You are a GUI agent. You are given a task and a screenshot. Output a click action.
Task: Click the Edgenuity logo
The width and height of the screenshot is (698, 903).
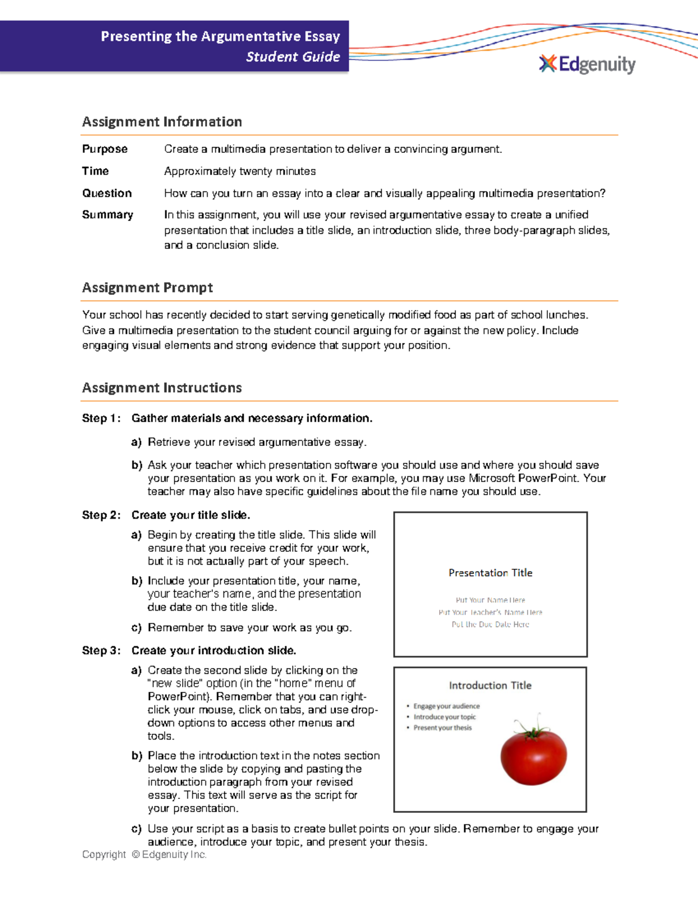587,64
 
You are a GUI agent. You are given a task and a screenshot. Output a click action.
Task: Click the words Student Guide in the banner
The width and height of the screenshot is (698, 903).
293,57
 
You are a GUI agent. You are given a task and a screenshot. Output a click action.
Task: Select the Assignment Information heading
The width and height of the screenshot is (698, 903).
162,122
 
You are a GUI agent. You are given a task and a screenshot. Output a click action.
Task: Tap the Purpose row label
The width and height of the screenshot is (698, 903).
105,149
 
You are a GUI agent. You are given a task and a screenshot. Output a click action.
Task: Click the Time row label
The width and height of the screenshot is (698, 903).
95,171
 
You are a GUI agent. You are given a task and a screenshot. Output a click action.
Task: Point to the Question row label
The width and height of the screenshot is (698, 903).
107,193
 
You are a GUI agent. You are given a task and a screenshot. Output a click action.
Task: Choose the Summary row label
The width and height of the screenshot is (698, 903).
108,215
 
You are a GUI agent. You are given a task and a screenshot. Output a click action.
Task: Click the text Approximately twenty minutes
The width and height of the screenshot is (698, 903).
240,171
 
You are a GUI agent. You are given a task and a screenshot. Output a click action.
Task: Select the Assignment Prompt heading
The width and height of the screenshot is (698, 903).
147,288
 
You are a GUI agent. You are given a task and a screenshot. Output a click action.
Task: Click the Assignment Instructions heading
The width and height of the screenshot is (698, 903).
162,388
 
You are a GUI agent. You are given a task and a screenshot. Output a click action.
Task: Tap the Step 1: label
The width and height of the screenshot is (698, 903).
101,418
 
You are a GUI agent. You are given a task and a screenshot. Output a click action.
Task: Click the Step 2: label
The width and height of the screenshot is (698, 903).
101,515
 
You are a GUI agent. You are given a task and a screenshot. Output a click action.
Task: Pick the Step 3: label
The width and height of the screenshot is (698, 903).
101,651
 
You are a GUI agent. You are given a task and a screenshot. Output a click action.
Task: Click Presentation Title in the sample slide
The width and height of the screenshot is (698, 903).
490,573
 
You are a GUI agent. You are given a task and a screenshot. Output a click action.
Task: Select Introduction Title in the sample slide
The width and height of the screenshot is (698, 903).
490,686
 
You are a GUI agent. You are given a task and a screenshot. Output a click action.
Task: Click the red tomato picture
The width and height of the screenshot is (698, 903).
533,756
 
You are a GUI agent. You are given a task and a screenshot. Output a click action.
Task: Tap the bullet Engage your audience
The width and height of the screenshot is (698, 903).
446,706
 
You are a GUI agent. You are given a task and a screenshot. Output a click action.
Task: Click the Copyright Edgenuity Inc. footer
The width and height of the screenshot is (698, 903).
144,855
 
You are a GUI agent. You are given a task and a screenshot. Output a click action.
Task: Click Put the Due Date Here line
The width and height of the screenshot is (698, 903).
490,624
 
